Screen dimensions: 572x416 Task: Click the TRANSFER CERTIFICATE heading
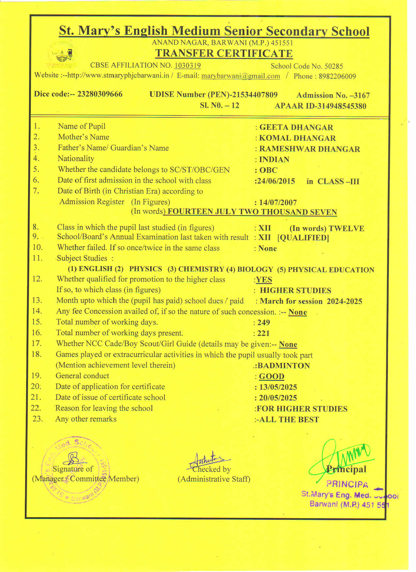(224, 53)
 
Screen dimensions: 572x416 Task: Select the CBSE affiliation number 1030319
(188, 66)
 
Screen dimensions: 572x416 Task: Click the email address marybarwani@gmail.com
(240, 76)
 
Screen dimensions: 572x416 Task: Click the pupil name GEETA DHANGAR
(296, 128)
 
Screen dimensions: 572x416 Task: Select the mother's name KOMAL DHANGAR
(297, 138)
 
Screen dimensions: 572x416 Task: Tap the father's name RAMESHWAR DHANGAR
(309, 149)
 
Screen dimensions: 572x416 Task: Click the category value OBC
(268, 171)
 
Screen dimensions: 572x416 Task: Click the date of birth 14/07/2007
(278, 203)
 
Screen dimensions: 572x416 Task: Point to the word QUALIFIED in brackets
(303, 238)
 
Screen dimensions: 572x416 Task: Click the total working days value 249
(264, 323)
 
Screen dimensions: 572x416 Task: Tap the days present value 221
(263, 333)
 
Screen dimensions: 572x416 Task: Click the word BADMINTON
(284, 366)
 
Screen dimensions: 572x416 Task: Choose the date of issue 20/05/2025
(278, 398)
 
